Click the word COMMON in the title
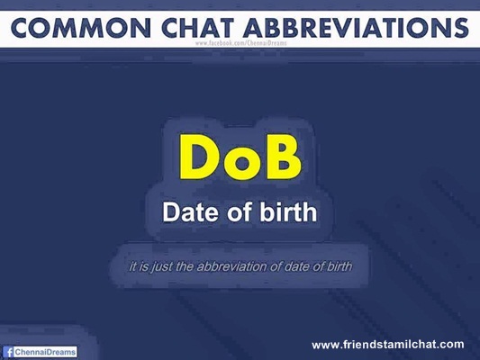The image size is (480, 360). pos(81,28)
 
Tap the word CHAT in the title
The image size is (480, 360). pos(198,28)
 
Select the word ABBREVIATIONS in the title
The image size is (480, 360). pos(356,28)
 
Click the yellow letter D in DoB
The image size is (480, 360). pos(199,157)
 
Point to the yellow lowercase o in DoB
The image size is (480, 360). pos(242,162)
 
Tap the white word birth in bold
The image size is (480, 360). pos(288,211)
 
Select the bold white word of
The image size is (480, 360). pos(241,211)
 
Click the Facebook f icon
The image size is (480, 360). pos(9,352)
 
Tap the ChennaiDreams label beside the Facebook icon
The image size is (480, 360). pos(45,352)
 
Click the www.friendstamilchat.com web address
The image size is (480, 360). pos(388,345)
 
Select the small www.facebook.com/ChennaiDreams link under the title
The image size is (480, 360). pos(241,43)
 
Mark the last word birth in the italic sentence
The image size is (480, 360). pos(340,266)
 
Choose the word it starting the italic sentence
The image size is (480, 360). pos(132,266)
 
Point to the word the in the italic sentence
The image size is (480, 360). pos(185,266)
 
